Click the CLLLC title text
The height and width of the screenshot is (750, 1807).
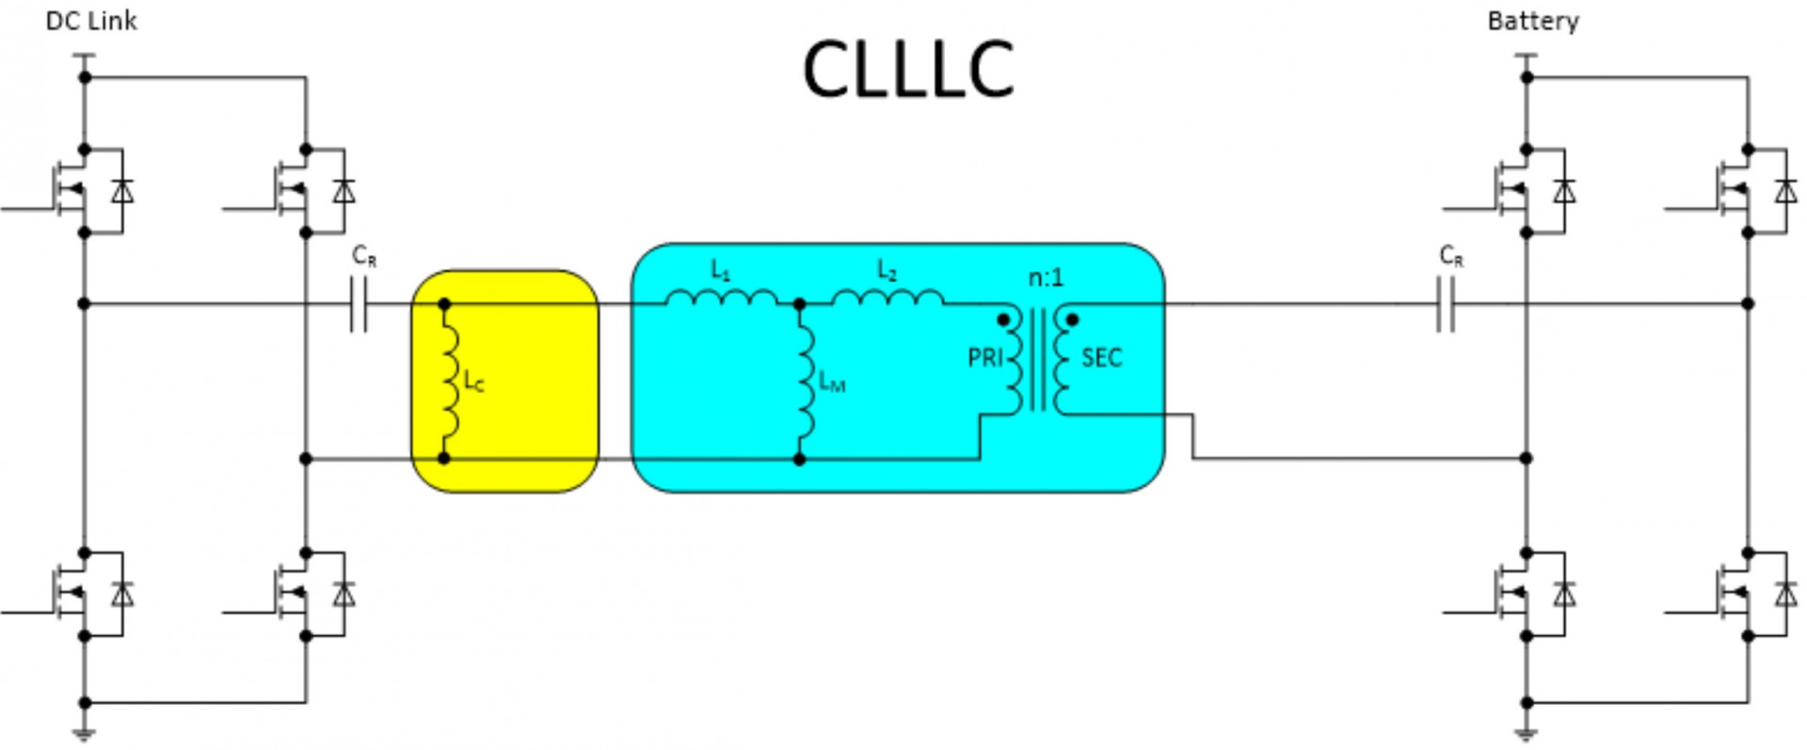pos(908,70)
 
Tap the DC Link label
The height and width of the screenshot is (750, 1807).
pos(91,21)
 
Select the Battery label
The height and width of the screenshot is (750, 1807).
pos(1533,21)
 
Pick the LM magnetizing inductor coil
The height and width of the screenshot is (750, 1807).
pos(805,381)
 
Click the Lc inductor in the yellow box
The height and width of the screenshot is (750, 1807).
pos(449,381)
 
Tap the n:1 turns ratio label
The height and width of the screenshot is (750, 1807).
pos(1045,278)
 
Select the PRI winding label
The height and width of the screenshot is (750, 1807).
pos(985,358)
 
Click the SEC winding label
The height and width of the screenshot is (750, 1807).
pos(1101,358)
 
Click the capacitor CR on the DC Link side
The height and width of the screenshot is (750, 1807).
pos(359,304)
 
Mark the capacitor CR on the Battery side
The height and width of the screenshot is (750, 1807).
pos(1447,304)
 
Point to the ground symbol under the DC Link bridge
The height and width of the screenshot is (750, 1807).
pos(85,733)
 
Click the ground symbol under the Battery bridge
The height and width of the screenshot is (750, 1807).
pos(1526,733)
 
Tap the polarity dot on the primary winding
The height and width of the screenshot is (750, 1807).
pos(1003,320)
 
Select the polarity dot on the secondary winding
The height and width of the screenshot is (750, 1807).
pos(1071,320)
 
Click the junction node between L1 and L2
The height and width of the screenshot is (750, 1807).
pos(799,304)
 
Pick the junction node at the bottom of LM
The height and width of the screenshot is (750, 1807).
pos(799,459)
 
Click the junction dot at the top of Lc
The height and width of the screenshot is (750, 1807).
pos(444,304)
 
